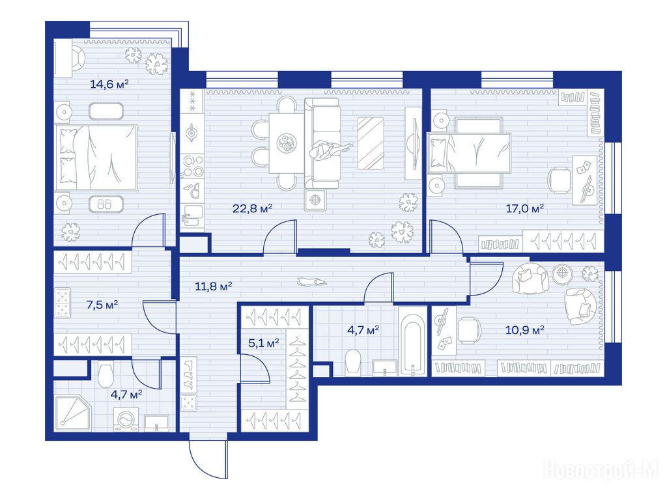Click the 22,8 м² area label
(252, 208)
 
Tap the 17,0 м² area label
(524, 208)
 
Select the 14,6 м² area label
(109, 84)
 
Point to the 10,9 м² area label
(524, 330)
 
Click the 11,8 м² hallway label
(213, 286)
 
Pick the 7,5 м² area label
(102, 305)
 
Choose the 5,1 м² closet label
(263, 342)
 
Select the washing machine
(126, 420)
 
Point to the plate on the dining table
(287, 143)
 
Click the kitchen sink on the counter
(192, 215)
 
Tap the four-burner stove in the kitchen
(193, 165)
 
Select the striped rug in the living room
(370, 143)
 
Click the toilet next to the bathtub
(354, 362)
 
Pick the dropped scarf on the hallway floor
(312, 281)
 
